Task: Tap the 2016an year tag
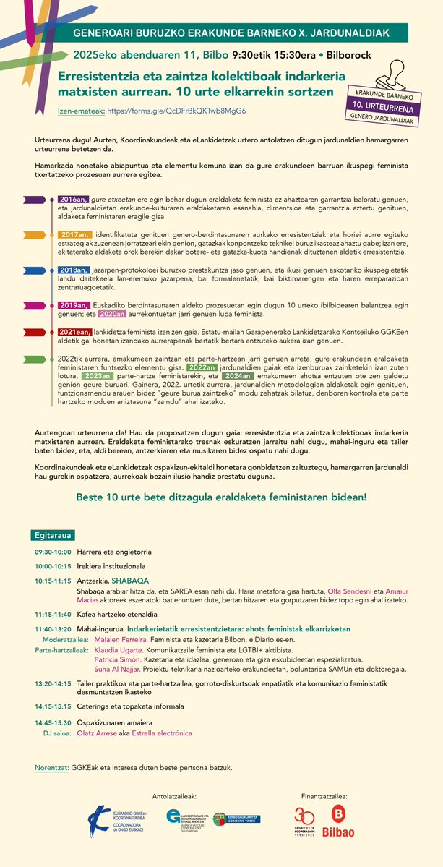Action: (x=73, y=199)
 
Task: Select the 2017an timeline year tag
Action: (x=74, y=234)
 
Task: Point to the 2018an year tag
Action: (x=73, y=269)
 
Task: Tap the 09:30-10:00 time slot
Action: (x=53, y=552)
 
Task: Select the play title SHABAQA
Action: (x=131, y=580)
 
